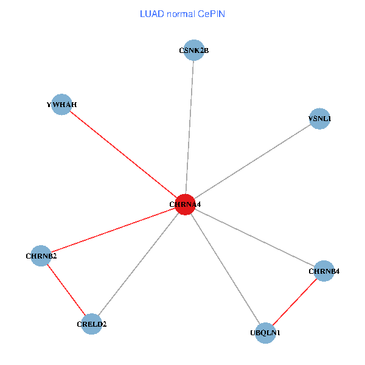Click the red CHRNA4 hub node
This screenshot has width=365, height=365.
coord(184,204)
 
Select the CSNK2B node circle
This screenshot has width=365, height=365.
coord(193,51)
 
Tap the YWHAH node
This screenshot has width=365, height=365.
coord(62,104)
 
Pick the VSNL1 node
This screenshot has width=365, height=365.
coord(319,119)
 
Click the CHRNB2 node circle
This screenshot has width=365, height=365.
coord(41,255)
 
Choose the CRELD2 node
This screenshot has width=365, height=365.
coord(91,324)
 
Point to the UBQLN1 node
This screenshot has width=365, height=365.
coord(265,333)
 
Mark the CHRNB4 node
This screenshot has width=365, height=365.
coord(324,271)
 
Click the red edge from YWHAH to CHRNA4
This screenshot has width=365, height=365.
coord(123,154)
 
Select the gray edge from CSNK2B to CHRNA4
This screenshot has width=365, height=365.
coord(189,128)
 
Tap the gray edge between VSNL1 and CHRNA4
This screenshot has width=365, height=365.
coord(252,162)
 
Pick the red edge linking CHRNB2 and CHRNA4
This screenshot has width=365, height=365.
coord(113,230)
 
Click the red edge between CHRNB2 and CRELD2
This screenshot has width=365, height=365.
coord(66,290)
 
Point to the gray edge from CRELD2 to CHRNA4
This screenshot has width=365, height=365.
coord(138,264)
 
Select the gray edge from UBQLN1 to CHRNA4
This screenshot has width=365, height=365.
coord(225,269)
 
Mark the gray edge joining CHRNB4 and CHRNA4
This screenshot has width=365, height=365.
coord(254,238)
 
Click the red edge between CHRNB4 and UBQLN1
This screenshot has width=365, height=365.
coord(294,302)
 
